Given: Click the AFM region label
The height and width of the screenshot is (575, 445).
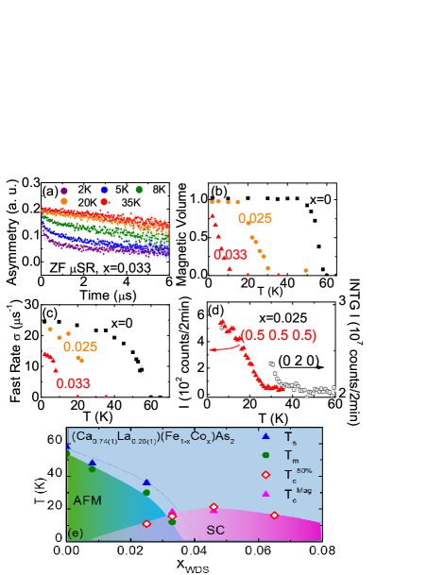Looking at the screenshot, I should [87, 499].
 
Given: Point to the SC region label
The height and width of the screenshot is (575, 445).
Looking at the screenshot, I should [215, 530].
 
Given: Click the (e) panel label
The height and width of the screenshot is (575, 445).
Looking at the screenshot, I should [75, 533].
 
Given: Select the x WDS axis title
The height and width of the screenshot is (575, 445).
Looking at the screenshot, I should [193, 566].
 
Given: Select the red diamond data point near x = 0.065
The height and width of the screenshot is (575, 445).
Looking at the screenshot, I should [274, 515].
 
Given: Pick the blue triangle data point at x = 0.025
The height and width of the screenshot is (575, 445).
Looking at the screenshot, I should [146, 482].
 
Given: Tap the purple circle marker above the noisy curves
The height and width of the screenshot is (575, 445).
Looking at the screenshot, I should [64, 190].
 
